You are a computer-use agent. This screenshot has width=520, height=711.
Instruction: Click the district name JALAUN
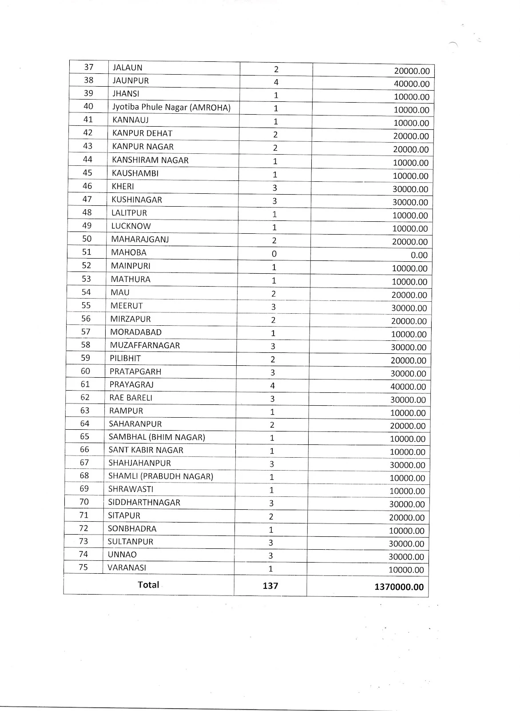(x=127, y=68)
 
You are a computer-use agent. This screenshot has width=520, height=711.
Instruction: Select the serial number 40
(x=88, y=106)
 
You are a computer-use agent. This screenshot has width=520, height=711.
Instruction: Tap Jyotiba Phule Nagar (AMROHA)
(x=171, y=107)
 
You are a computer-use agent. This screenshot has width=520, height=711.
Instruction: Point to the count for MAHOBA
(x=274, y=254)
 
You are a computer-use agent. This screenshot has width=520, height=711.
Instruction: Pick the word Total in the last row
(x=148, y=584)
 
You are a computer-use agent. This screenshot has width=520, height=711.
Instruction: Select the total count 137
(x=270, y=586)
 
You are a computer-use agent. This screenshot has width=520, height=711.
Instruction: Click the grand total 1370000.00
(x=399, y=587)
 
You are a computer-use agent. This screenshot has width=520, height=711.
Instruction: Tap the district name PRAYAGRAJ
(x=131, y=384)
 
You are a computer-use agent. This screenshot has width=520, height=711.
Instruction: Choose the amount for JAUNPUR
(x=412, y=84)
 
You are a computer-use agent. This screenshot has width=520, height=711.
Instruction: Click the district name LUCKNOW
(x=131, y=226)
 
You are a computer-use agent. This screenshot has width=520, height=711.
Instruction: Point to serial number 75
(x=83, y=567)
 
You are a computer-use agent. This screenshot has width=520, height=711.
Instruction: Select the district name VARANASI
(x=127, y=567)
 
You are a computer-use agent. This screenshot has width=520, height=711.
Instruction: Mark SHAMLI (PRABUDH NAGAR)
(x=161, y=476)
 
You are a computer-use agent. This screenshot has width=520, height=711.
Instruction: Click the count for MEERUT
(x=274, y=307)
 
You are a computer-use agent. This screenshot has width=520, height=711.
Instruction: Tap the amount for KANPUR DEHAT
(x=411, y=136)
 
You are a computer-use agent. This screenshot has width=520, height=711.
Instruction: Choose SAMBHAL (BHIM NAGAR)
(x=157, y=437)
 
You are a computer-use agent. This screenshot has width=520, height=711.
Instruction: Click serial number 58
(x=85, y=344)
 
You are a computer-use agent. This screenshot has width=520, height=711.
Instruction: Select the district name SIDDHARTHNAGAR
(x=144, y=503)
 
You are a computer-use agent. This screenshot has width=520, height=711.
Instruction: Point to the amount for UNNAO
(x=407, y=557)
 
